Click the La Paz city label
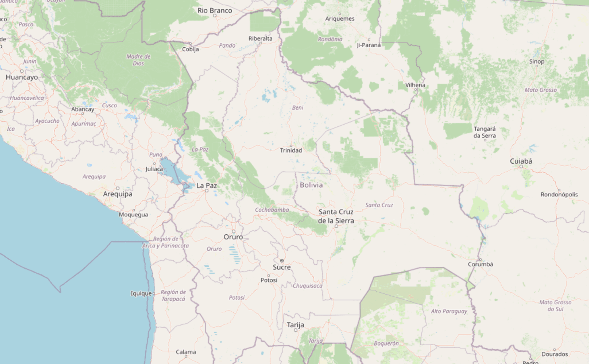tap(206, 185)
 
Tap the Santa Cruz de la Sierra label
tap(336, 216)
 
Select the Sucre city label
tap(282, 267)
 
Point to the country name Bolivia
tap(311, 185)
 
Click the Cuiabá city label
tap(521, 161)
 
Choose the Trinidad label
tap(291, 150)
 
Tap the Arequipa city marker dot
tap(118, 188)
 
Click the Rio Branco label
tap(215, 11)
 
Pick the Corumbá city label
tap(480, 264)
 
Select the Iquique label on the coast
tap(141, 293)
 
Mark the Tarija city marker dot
tap(295, 330)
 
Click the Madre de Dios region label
tap(138, 60)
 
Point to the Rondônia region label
tap(330, 39)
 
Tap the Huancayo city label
tap(22, 77)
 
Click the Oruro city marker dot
tap(234, 231)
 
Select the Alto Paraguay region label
tap(449, 311)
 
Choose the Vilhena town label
tap(415, 85)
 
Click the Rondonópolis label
tap(559, 195)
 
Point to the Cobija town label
tap(190, 49)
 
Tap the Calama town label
tap(186, 352)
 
